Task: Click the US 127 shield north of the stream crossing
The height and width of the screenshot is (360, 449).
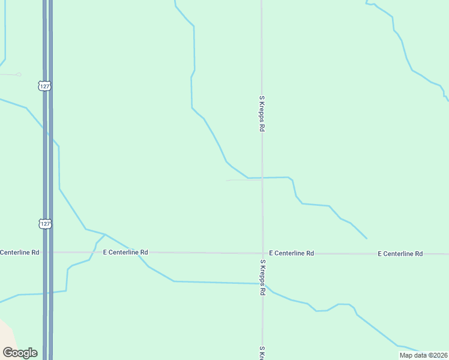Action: click(44, 86)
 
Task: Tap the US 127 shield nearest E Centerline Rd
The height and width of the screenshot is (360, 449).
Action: click(44, 223)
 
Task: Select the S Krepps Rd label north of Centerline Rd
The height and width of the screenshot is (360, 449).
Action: click(262, 113)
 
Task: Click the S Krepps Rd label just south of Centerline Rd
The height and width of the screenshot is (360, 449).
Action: click(262, 277)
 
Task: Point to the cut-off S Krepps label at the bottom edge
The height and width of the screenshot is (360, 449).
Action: click(262, 353)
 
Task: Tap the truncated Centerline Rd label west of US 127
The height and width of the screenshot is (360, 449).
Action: click(19, 253)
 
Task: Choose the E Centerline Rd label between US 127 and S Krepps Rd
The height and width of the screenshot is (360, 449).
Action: click(125, 253)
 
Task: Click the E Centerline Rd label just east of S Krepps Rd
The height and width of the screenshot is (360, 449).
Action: click(292, 253)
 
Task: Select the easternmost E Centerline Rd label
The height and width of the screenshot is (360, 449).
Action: click(400, 254)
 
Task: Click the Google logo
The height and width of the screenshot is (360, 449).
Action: click(20, 353)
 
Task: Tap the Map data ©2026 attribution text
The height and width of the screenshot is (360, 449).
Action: click(423, 355)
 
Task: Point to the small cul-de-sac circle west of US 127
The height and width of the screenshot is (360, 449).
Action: click(19, 74)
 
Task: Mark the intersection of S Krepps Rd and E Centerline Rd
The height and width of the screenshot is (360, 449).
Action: click(262, 253)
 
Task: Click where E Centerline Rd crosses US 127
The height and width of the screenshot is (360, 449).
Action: click(47, 252)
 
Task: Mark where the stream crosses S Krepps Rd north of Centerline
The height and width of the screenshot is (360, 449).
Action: click(262, 178)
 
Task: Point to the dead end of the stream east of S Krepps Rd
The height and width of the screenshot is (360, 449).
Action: click(366, 238)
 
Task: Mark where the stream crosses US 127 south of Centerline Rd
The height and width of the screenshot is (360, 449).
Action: click(47, 293)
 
